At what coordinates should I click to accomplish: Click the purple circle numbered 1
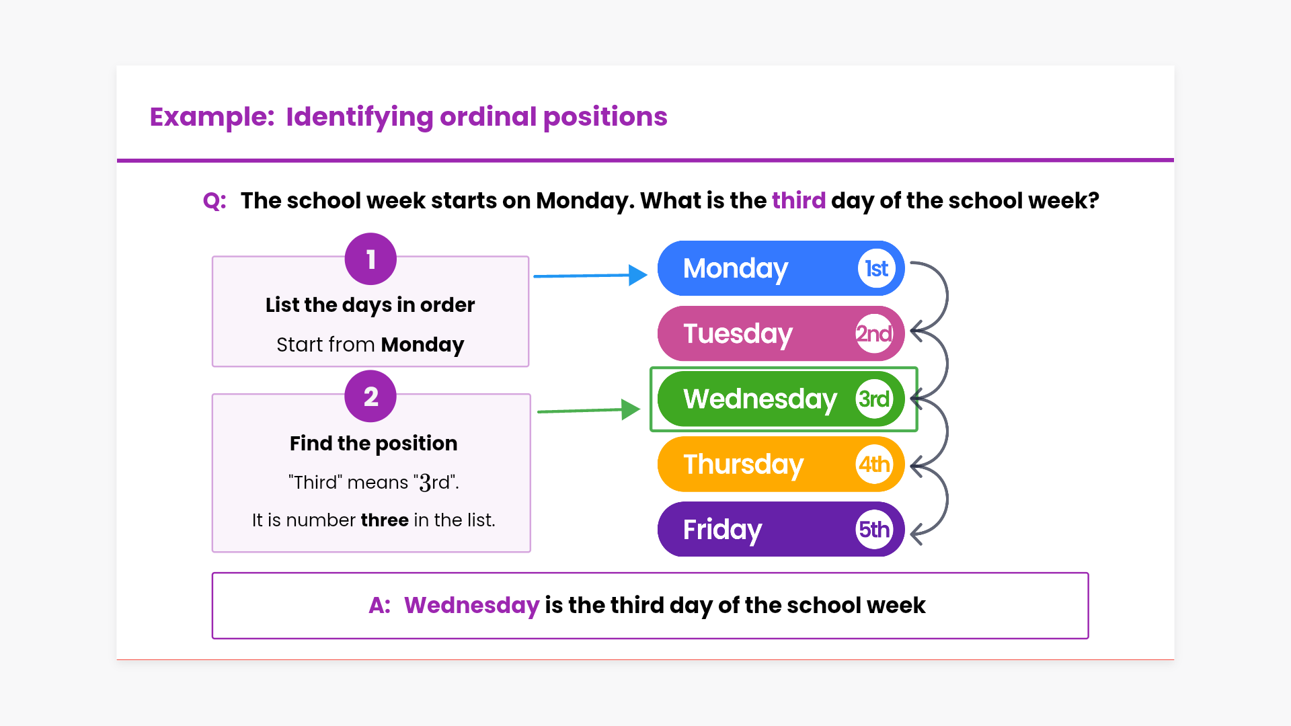[370, 259]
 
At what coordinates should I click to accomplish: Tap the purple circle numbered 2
[370, 396]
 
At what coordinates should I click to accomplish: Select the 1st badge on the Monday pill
[877, 269]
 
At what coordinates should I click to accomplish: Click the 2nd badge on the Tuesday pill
[874, 333]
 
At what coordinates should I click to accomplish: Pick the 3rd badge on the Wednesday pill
[874, 399]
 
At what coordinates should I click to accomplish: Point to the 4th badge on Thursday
[874, 464]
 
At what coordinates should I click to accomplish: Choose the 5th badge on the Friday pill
[874, 529]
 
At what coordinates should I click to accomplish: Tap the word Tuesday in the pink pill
[738, 334]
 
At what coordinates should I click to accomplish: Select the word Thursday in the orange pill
[744, 465]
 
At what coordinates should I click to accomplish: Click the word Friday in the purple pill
[723, 530]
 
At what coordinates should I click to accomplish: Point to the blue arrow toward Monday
[590, 275]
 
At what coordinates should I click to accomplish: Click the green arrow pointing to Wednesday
[589, 410]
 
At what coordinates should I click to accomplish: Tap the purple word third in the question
[799, 200]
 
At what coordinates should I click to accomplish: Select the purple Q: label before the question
[214, 201]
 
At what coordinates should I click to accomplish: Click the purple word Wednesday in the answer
[472, 605]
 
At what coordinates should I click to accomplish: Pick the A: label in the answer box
[379, 605]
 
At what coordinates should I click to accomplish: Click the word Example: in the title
[212, 117]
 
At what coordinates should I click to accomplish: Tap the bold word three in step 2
[385, 520]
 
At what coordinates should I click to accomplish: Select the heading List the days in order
[370, 305]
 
